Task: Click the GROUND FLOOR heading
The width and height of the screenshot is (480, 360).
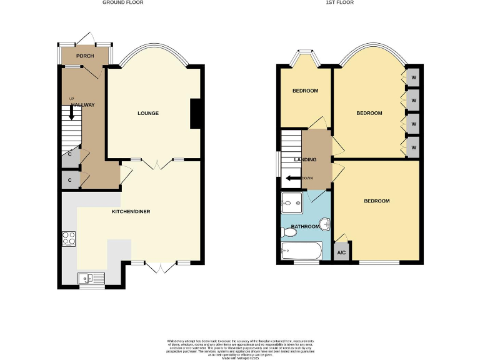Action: tap(123, 2)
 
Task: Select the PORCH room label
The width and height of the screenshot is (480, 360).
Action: tap(85, 56)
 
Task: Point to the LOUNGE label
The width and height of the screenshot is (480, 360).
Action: tap(148, 113)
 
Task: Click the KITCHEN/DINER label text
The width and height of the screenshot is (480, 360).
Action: tap(131, 212)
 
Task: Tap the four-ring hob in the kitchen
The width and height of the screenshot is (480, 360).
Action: tap(69, 238)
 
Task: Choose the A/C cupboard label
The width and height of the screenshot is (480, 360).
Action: tap(341, 252)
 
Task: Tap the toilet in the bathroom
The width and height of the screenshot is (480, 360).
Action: tap(289, 232)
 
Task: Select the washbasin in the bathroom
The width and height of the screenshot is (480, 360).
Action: tap(325, 224)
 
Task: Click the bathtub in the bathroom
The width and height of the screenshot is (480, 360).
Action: tap(301, 252)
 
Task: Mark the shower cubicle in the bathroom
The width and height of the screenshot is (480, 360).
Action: tap(291, 202)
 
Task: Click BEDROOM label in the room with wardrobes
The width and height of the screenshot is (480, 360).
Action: tap(369, 113)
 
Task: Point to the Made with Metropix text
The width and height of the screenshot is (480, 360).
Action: tap(240, 356)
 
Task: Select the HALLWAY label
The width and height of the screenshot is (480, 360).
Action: tap(82, 104)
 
